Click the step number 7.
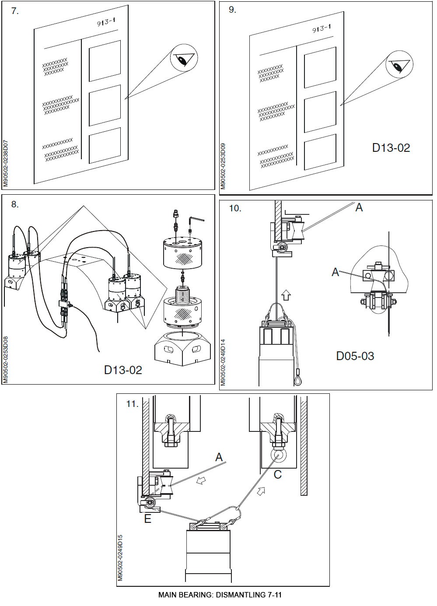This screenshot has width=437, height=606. pos(15,11)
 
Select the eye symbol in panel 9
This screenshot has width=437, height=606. pos(399,66)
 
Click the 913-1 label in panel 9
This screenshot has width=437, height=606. pos(321,29)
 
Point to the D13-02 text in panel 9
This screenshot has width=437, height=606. pos(391,148)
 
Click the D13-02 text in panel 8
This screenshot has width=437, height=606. pos(123,370)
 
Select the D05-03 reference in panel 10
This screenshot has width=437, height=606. pos(355,356)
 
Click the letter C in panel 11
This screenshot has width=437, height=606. pos(277,475)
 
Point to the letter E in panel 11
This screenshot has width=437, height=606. pos(148,519)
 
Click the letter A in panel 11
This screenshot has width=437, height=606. pos(219,458)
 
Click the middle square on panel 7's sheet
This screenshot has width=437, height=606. pos(105,105)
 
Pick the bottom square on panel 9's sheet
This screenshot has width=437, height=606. pos(320,151)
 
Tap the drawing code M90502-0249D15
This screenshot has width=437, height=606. pos(120,558)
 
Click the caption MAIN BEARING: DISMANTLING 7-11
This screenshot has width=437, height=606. pos(220,595)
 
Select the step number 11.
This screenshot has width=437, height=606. pos(132,404)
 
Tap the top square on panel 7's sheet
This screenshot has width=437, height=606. pos(105,61)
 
